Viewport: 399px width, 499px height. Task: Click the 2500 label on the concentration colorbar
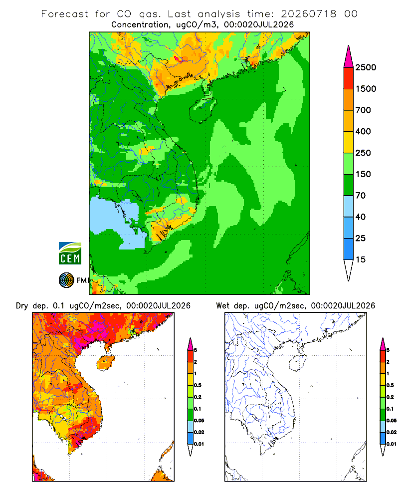[366, 67]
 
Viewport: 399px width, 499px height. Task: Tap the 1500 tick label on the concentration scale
[366, 89]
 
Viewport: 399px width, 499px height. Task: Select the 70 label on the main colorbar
[360, 196]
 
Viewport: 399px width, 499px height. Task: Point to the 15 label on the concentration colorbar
[360, 259]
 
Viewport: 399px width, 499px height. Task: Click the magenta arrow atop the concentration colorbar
[349, 56]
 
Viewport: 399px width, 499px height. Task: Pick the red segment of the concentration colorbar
[349, 78]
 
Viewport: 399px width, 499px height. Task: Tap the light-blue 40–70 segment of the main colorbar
[349, 206]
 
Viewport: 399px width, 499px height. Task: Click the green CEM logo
[70, 253]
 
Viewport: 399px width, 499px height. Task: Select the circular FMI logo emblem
[66, 280]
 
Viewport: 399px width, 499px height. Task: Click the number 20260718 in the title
[309, 14]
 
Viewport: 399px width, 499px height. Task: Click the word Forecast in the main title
[65, 14]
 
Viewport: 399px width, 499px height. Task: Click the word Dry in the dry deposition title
[22, 306]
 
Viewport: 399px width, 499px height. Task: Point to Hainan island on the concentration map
[203, 109]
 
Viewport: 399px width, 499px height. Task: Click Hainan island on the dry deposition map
[105, 363]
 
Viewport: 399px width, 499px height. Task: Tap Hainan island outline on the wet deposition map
[298, 363]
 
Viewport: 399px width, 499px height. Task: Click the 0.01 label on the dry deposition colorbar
[199, 444]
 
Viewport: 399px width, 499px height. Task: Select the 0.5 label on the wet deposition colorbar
[390, 385]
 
